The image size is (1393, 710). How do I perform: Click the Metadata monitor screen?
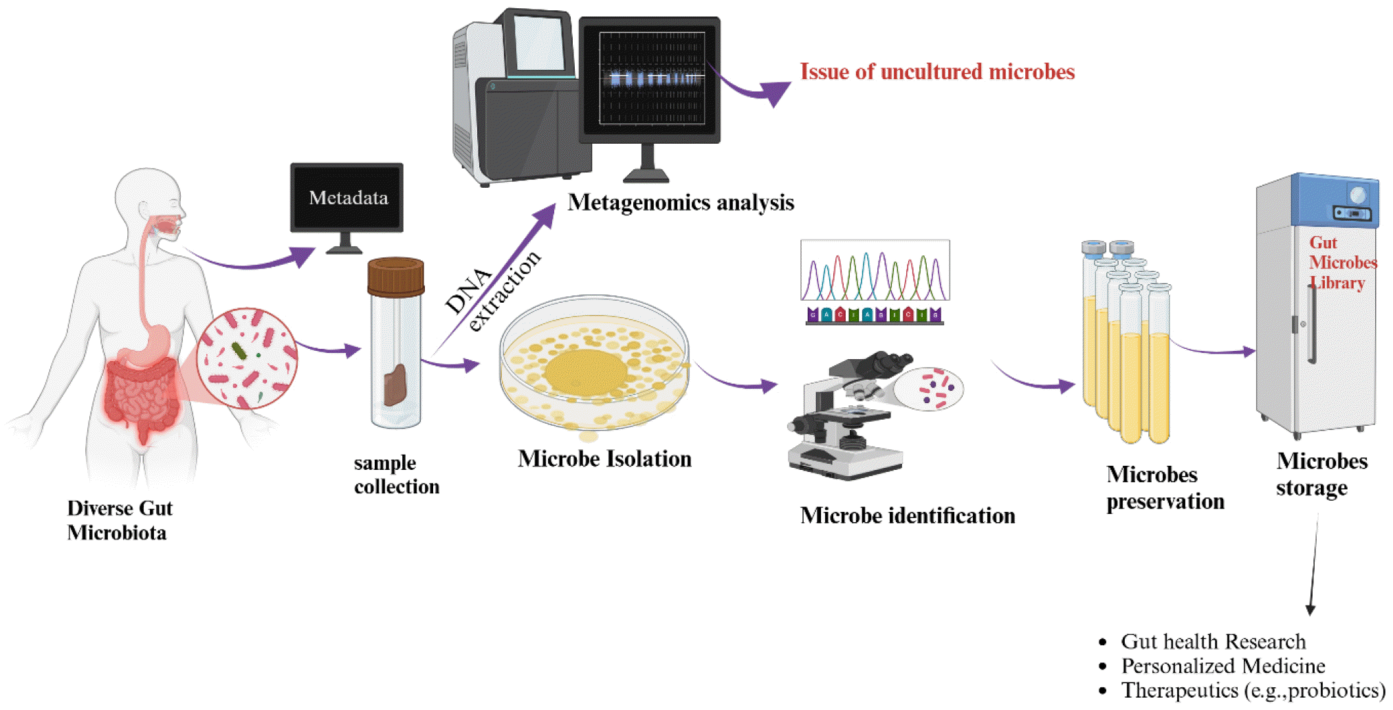pyautogui.click(x=347, y=197)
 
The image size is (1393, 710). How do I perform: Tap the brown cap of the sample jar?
pyautogui.click(x=395, y=276)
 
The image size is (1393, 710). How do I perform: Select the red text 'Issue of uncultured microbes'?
pyautogui.click(x=936, y=72)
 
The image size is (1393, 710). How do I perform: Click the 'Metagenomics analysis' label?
pyautogui.click(x=681, y=202)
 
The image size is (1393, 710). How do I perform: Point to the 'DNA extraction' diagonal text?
pyautogui.click(x=492, y=292)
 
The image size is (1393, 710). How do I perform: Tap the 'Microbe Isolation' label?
pyautogui.click(x=604, y=459)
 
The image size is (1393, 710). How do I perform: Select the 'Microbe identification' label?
pyautogui.click(x=907, y=515)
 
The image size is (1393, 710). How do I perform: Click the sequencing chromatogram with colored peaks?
pyautogui.click(x=875, y=271)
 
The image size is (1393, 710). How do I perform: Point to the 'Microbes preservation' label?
pyautogui.click(x=1165, y=488)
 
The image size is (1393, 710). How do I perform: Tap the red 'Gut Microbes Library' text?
pyautogui.click(x=1341, y=263)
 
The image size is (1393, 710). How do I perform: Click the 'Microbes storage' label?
pyautogui.click(x=1321, y=474)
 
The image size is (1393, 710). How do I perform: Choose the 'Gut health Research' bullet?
pyautogui.click(x=1213, y=641)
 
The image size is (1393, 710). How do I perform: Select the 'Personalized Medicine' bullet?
pyautogui.click(x=1222, y=666)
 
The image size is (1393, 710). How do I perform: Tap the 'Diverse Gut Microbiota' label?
pyautogui.click(x=119, y=520)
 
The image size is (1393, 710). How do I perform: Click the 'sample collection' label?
pyautogui.click(x=396, y=475)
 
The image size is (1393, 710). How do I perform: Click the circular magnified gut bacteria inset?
pyautogui.click(x=247, y=358)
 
